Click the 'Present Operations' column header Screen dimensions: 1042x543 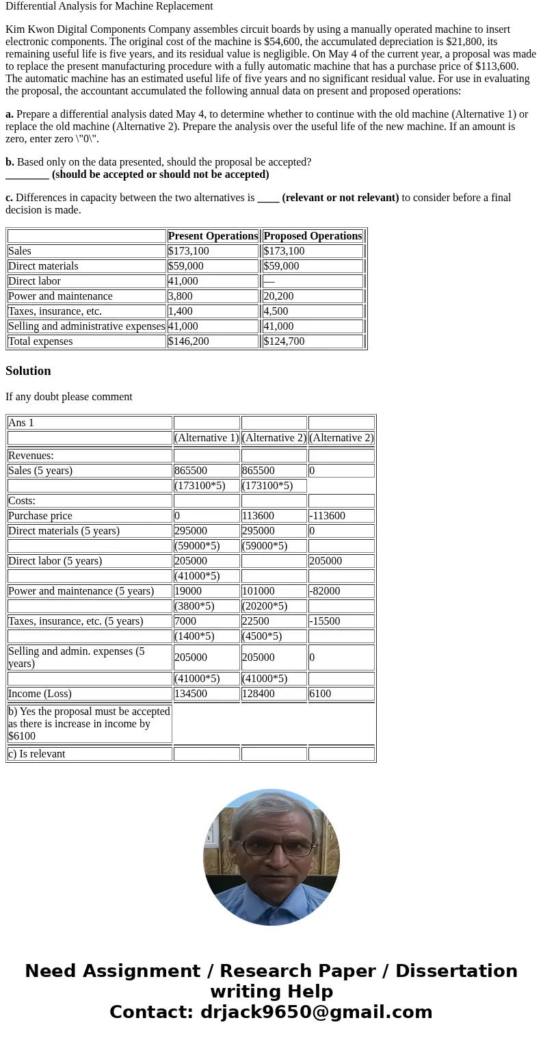click(x=213, y=236)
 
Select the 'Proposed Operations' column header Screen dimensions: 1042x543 click(x=313, y=236)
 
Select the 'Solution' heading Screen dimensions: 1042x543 click(x=28, y=371)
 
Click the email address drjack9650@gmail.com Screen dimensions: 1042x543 click(x=316, y=1012)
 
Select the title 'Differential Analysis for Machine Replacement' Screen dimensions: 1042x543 click(x=109, y=6)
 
